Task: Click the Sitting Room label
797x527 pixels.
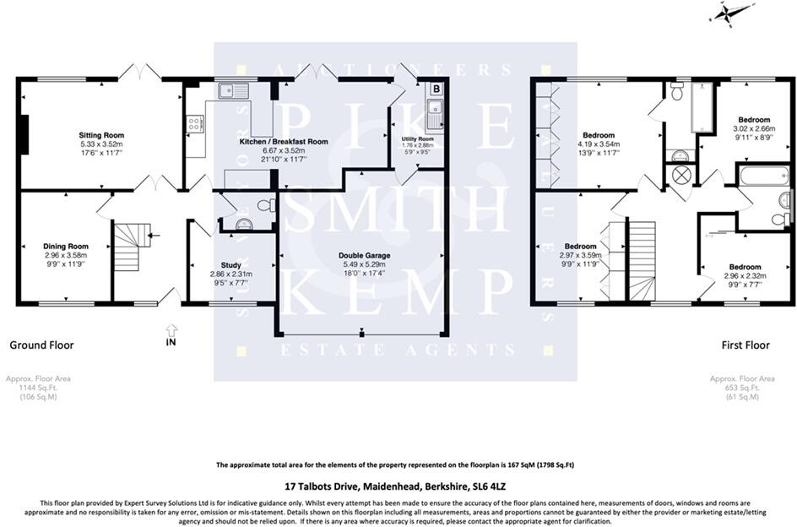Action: [101, 135]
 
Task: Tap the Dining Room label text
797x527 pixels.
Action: [66, 246]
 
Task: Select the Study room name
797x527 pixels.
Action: [230, 264]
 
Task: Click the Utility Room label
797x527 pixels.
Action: [418, 139]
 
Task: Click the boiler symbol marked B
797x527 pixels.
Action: [436, 88]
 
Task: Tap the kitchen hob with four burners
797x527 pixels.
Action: [193, 124]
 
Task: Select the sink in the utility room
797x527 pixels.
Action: [436, 108]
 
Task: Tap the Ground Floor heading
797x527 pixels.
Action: [41, 345]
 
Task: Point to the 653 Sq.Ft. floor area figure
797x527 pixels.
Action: [742, 388]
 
